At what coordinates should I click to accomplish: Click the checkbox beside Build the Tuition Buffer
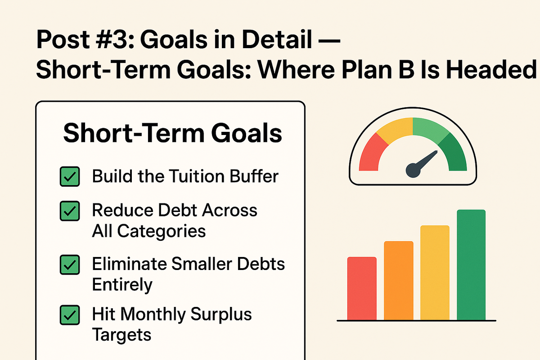tap(70, 176)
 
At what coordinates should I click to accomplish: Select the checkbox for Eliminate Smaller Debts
tap(70, 264)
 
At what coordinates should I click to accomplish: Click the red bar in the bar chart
tap(362, 288)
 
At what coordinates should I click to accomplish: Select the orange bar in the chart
tap(398, 280)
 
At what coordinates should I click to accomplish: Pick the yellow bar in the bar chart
tap(435, 272)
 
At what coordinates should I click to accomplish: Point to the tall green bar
tap(471, 265)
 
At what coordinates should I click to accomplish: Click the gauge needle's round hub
tap(414, 170)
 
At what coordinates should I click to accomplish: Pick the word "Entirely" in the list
tap(122, 284)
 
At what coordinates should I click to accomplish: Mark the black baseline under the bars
tap(416, 321)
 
